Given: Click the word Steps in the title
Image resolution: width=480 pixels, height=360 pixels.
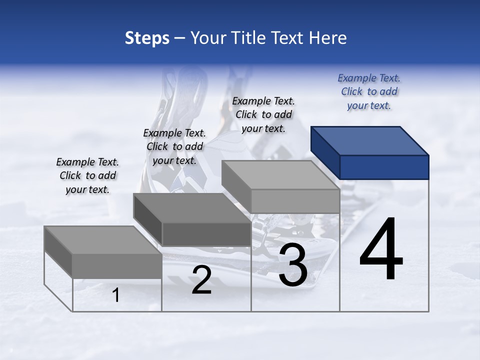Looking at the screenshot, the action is point(147,38).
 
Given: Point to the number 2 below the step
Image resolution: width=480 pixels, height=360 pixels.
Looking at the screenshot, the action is point(201,280).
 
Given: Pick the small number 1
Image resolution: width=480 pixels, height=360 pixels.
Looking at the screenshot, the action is point(116,295).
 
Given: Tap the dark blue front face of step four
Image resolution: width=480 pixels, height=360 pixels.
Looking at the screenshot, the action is point(384,167).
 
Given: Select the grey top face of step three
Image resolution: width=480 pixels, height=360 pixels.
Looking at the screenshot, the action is point(280,175).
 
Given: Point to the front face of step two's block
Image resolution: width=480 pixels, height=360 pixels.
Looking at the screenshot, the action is point(206,234).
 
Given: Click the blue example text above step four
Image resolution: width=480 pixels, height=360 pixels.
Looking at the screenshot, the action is point(369,91).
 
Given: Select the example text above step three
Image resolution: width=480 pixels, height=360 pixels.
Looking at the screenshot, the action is point(263,114).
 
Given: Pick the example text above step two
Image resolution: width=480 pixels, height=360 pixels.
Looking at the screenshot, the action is point(174,146).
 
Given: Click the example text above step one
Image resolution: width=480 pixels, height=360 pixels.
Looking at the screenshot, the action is point(87,175).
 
